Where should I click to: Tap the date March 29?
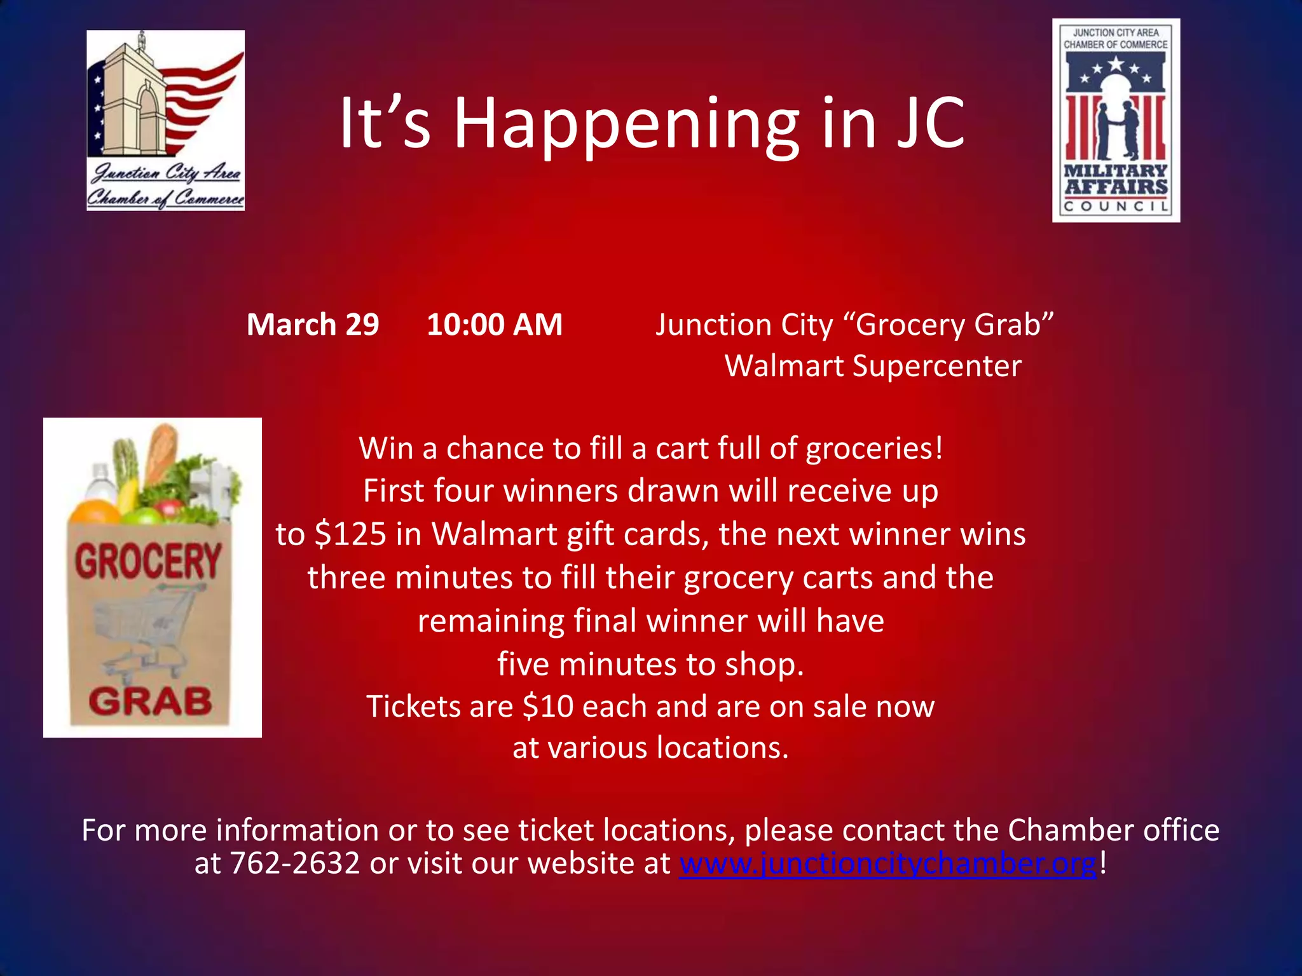pos(313,325)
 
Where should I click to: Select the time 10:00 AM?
pos(495,325)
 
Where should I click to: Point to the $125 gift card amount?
pos(350,534)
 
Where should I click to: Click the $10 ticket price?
pos(548,707)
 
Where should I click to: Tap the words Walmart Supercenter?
pos(873,367)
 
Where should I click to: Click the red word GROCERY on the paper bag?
pos(148,561)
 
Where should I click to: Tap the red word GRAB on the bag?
pos(151,701)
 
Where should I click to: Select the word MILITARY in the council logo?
pos(1116,171)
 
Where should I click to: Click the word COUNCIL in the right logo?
pos(1116,207)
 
